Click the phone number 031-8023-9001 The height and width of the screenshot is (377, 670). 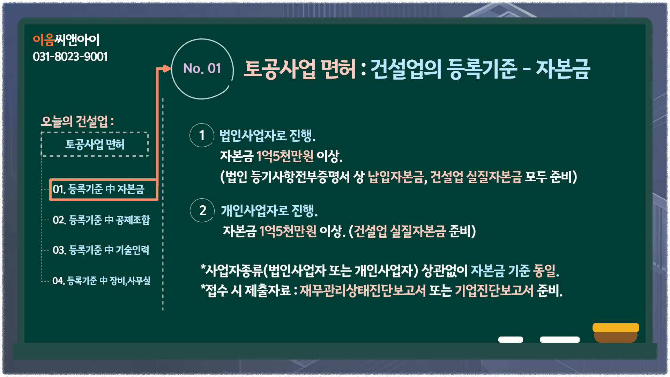click(x=70, y=57)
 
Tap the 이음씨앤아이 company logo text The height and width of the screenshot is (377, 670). click(x=66, y=40)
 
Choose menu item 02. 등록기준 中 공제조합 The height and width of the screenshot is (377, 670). click(x=101, y=220)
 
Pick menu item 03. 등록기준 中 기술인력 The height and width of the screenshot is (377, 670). click(x=101, y=250)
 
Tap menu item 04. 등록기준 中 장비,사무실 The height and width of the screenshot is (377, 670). click(x=102, y=281)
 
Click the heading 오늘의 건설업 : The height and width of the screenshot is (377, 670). click(x=77, y=121)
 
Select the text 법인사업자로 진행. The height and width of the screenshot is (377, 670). click(x=267, y=135)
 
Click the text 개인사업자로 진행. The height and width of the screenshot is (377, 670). click(x=269, y=210)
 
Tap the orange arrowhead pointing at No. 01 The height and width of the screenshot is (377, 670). click(x=167, y=68)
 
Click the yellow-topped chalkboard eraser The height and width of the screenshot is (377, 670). click(x=616, y=333)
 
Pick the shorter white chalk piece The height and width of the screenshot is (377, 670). click(x=511, y=340)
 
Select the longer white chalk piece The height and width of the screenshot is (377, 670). click(x=560, y=340)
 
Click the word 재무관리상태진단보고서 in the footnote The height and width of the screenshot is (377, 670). click(x=363, y=290)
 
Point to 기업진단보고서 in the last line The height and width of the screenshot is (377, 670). click(x=494, y=290)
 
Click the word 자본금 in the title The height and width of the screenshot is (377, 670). click(x=563, y=69)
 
